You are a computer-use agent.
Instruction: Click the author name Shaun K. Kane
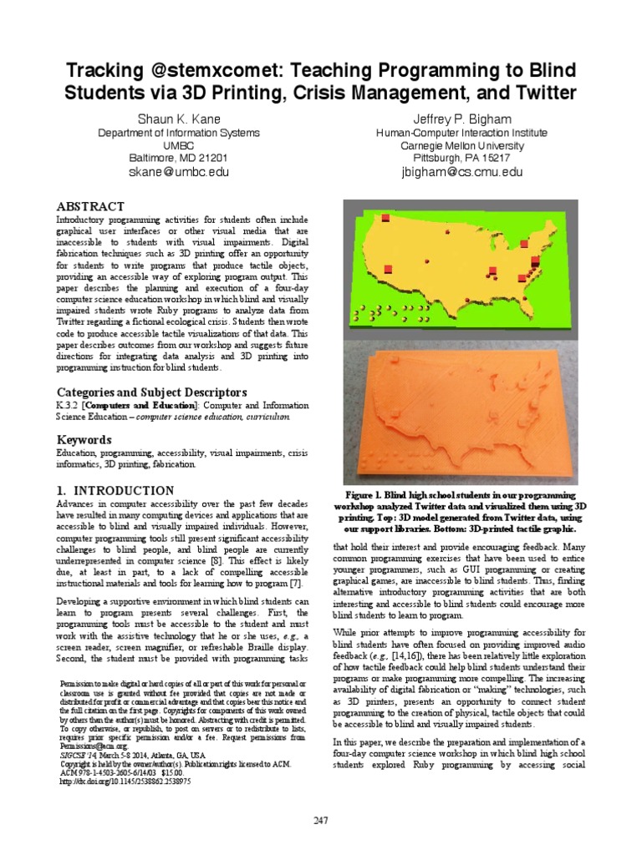click(x=179, y=119)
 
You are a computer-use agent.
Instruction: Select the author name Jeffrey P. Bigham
click(x=461, y=119)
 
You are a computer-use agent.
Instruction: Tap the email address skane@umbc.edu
click(x=179, y=172)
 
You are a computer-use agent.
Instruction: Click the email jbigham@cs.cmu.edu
click(x=461, y=172)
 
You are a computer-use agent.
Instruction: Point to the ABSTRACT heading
click(x=90, y=206)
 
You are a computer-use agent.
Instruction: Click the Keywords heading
click(x=84, y=439)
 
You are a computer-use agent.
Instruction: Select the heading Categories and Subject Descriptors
click(x=150, y=392)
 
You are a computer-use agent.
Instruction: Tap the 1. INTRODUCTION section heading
click(x=115, y=490)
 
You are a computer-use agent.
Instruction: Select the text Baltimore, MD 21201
click(x=179, y=158)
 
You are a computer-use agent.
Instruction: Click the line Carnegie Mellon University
click(x=461, y=145)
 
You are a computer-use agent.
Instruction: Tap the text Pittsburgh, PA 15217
click(x=461, y=158)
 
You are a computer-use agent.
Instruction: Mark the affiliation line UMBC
click(x=179, y=145)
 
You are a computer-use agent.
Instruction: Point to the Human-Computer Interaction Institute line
click(x=461, y=133)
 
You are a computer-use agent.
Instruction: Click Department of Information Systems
click(x=179, y=133)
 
